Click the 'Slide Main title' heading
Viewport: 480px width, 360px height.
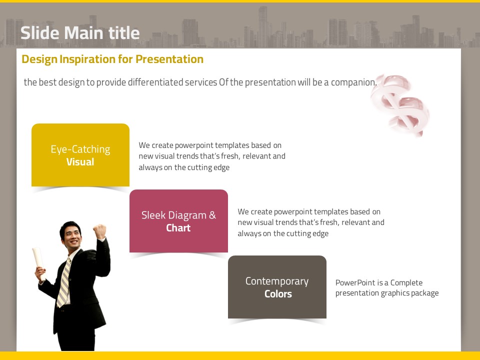pos(80,33)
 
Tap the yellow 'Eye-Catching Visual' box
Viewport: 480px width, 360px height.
pos(80,155)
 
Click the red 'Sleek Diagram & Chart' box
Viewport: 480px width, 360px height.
pos(179,221)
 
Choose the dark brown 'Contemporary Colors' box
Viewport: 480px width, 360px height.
pos(277,287)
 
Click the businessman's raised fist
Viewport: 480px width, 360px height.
pos(100,231)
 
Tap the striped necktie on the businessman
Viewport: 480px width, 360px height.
pos(63,282)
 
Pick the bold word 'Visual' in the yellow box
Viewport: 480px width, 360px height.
pos(80,162)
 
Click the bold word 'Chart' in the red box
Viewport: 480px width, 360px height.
pos(178,228)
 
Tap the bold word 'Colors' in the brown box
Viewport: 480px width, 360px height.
pos(278,294)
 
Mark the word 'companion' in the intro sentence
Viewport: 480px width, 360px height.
pos(353,82)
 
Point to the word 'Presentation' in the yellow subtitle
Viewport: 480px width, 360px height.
pos(169,59)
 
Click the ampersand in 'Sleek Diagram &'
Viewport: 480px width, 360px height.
pos(212,215)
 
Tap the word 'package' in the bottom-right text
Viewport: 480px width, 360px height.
pos(425,293)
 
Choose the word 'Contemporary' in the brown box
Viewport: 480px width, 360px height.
pos(277,281)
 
